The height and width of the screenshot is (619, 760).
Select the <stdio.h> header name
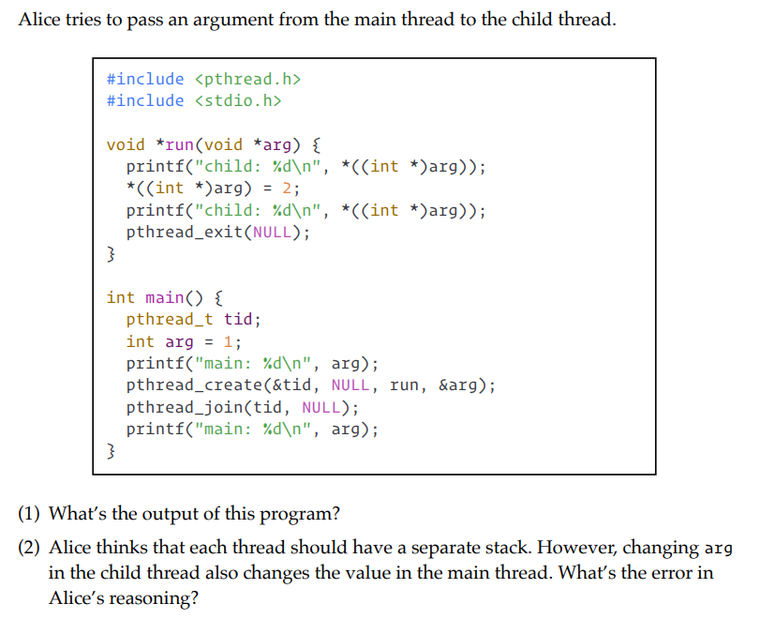238,100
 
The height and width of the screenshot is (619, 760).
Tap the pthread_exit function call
185,232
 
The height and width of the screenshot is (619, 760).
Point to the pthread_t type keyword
170,319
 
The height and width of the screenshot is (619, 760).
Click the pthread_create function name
190,385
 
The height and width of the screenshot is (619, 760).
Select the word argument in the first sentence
225,20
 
